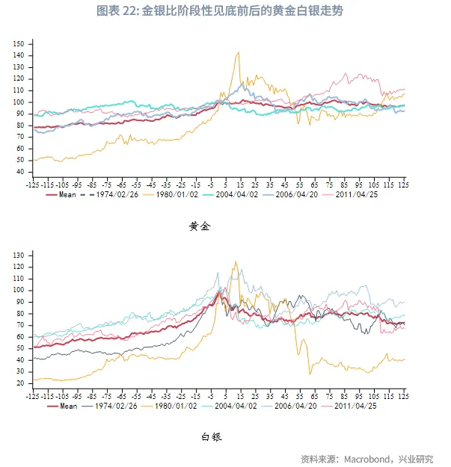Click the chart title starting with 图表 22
tap(225, 10)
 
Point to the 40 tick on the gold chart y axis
tap(20, 171)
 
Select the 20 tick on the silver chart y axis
tap(20, 383)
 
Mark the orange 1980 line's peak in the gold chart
tap(238, 52)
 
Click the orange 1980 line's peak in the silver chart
tap(236, 262)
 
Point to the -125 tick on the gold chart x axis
tap(32, 183)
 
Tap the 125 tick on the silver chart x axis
tap(403, 395)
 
